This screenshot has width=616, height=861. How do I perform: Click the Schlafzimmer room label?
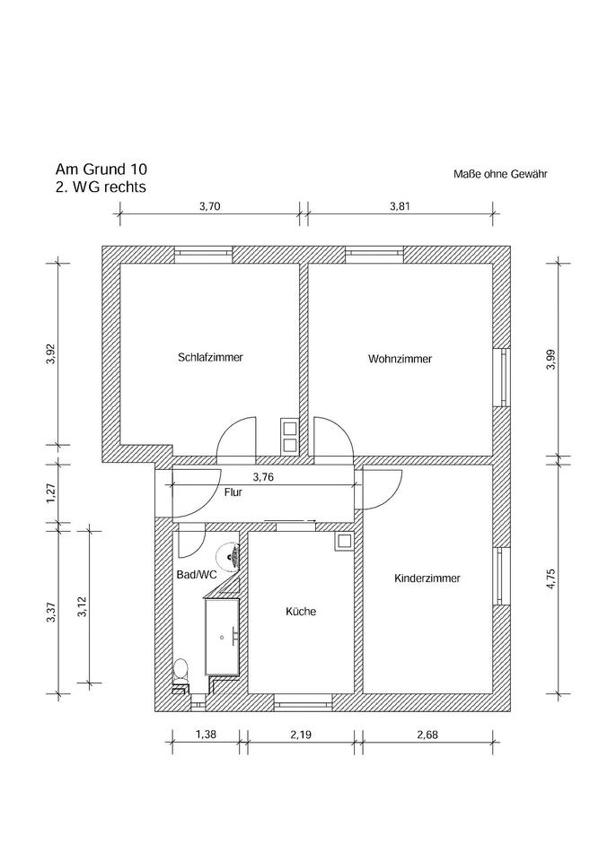(x=210, y=357)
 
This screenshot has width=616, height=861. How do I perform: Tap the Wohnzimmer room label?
(x=400, y=359)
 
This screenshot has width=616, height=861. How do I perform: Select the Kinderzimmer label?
(x=427, y=579)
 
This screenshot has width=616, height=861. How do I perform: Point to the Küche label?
(x=301, y=612)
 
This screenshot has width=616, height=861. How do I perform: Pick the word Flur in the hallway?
(x=233, y=492)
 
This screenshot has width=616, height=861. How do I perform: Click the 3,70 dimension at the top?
(x=209, y=205)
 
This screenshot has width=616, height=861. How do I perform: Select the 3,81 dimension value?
(x=400, y=205)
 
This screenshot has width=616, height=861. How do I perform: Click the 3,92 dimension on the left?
(x=51, y=355)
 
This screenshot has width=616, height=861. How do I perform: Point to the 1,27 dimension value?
(x=51, y=493)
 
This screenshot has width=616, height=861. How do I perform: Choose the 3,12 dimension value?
(x=82, y=609)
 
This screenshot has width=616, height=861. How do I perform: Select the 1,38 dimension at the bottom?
(x=206, y=736)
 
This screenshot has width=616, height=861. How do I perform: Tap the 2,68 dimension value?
(x=427, y=736)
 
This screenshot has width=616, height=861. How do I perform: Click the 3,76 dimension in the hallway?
(x=263, y=477)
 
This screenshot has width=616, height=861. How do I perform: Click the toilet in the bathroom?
(x=180, y=669)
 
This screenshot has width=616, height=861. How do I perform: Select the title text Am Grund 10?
(x=101, y=170)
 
